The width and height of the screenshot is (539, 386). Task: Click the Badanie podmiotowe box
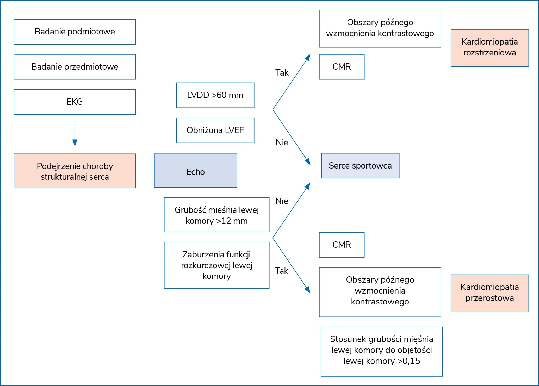pos(75,32)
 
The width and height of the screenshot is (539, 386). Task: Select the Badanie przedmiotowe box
pos(75,67)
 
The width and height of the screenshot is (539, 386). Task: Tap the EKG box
pos(75,102)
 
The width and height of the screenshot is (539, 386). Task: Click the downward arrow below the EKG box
pos(75,134)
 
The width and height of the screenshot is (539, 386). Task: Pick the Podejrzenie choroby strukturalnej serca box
pos(75,171)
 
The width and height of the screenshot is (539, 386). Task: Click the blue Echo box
pos(196,170)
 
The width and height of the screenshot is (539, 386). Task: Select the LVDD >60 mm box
pos(215,95)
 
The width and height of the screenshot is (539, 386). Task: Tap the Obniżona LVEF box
pos(215,130)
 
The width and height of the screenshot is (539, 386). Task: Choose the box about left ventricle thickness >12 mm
pos(217,215)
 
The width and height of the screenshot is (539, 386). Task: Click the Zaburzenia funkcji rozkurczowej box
pos(217,265)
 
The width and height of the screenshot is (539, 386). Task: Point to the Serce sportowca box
pos(360,166)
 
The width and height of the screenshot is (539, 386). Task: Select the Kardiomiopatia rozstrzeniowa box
pos(490,48)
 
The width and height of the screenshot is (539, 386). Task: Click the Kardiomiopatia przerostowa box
pos(490,293)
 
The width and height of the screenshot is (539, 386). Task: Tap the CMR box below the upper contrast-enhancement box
pos(342,67)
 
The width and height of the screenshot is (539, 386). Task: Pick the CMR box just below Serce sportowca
pos(342,245)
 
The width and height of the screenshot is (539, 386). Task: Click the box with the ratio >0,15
pos(382,352)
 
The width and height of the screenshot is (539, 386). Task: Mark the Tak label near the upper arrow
pos(282,73)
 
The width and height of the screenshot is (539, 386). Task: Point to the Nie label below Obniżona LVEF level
pos(282,142)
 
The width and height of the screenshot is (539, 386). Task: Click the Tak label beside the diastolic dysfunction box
pos(282,271)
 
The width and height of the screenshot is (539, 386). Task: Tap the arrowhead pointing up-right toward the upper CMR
pos(308,57)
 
